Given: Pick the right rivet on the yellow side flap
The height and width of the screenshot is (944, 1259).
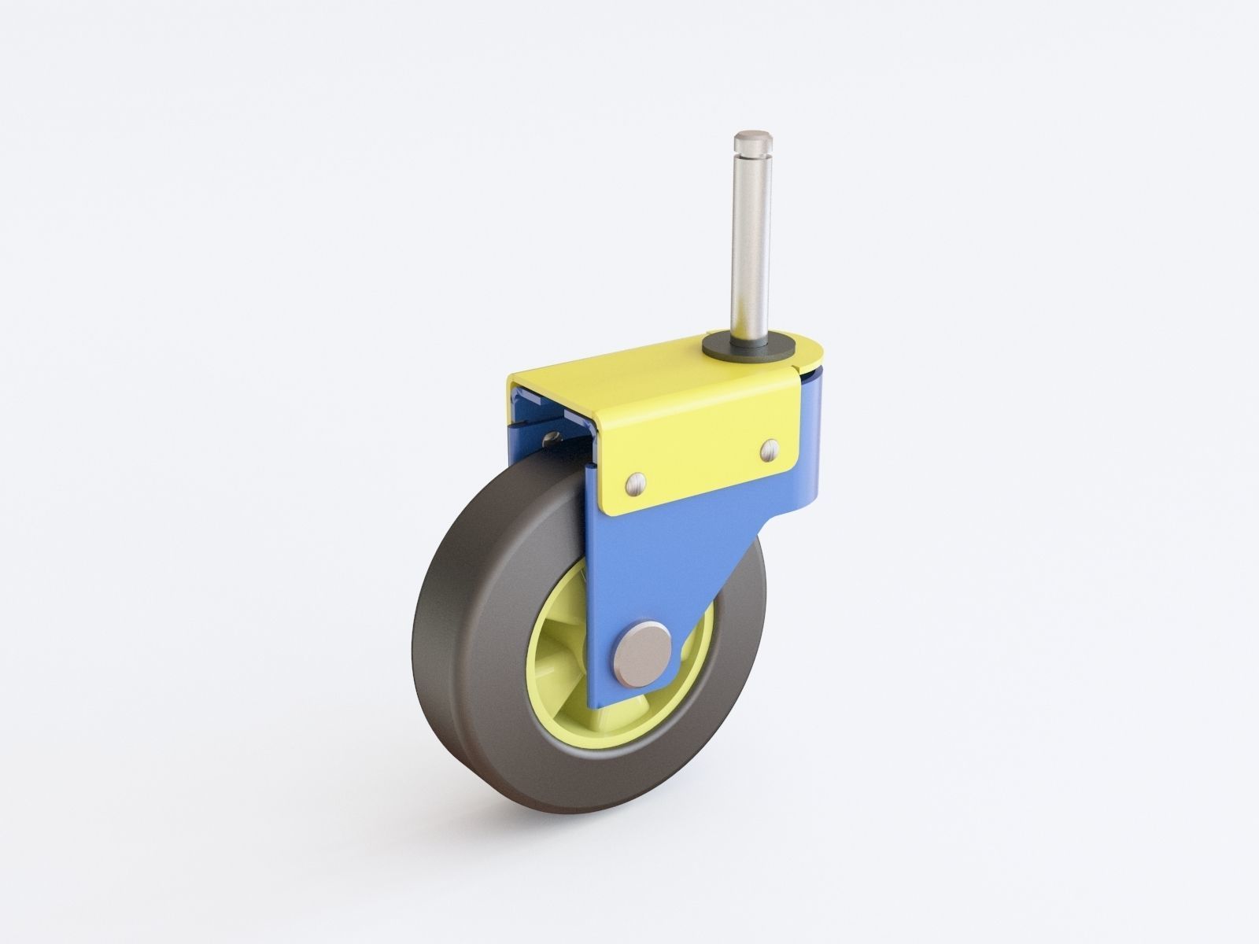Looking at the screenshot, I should click(x=770, y=449).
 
